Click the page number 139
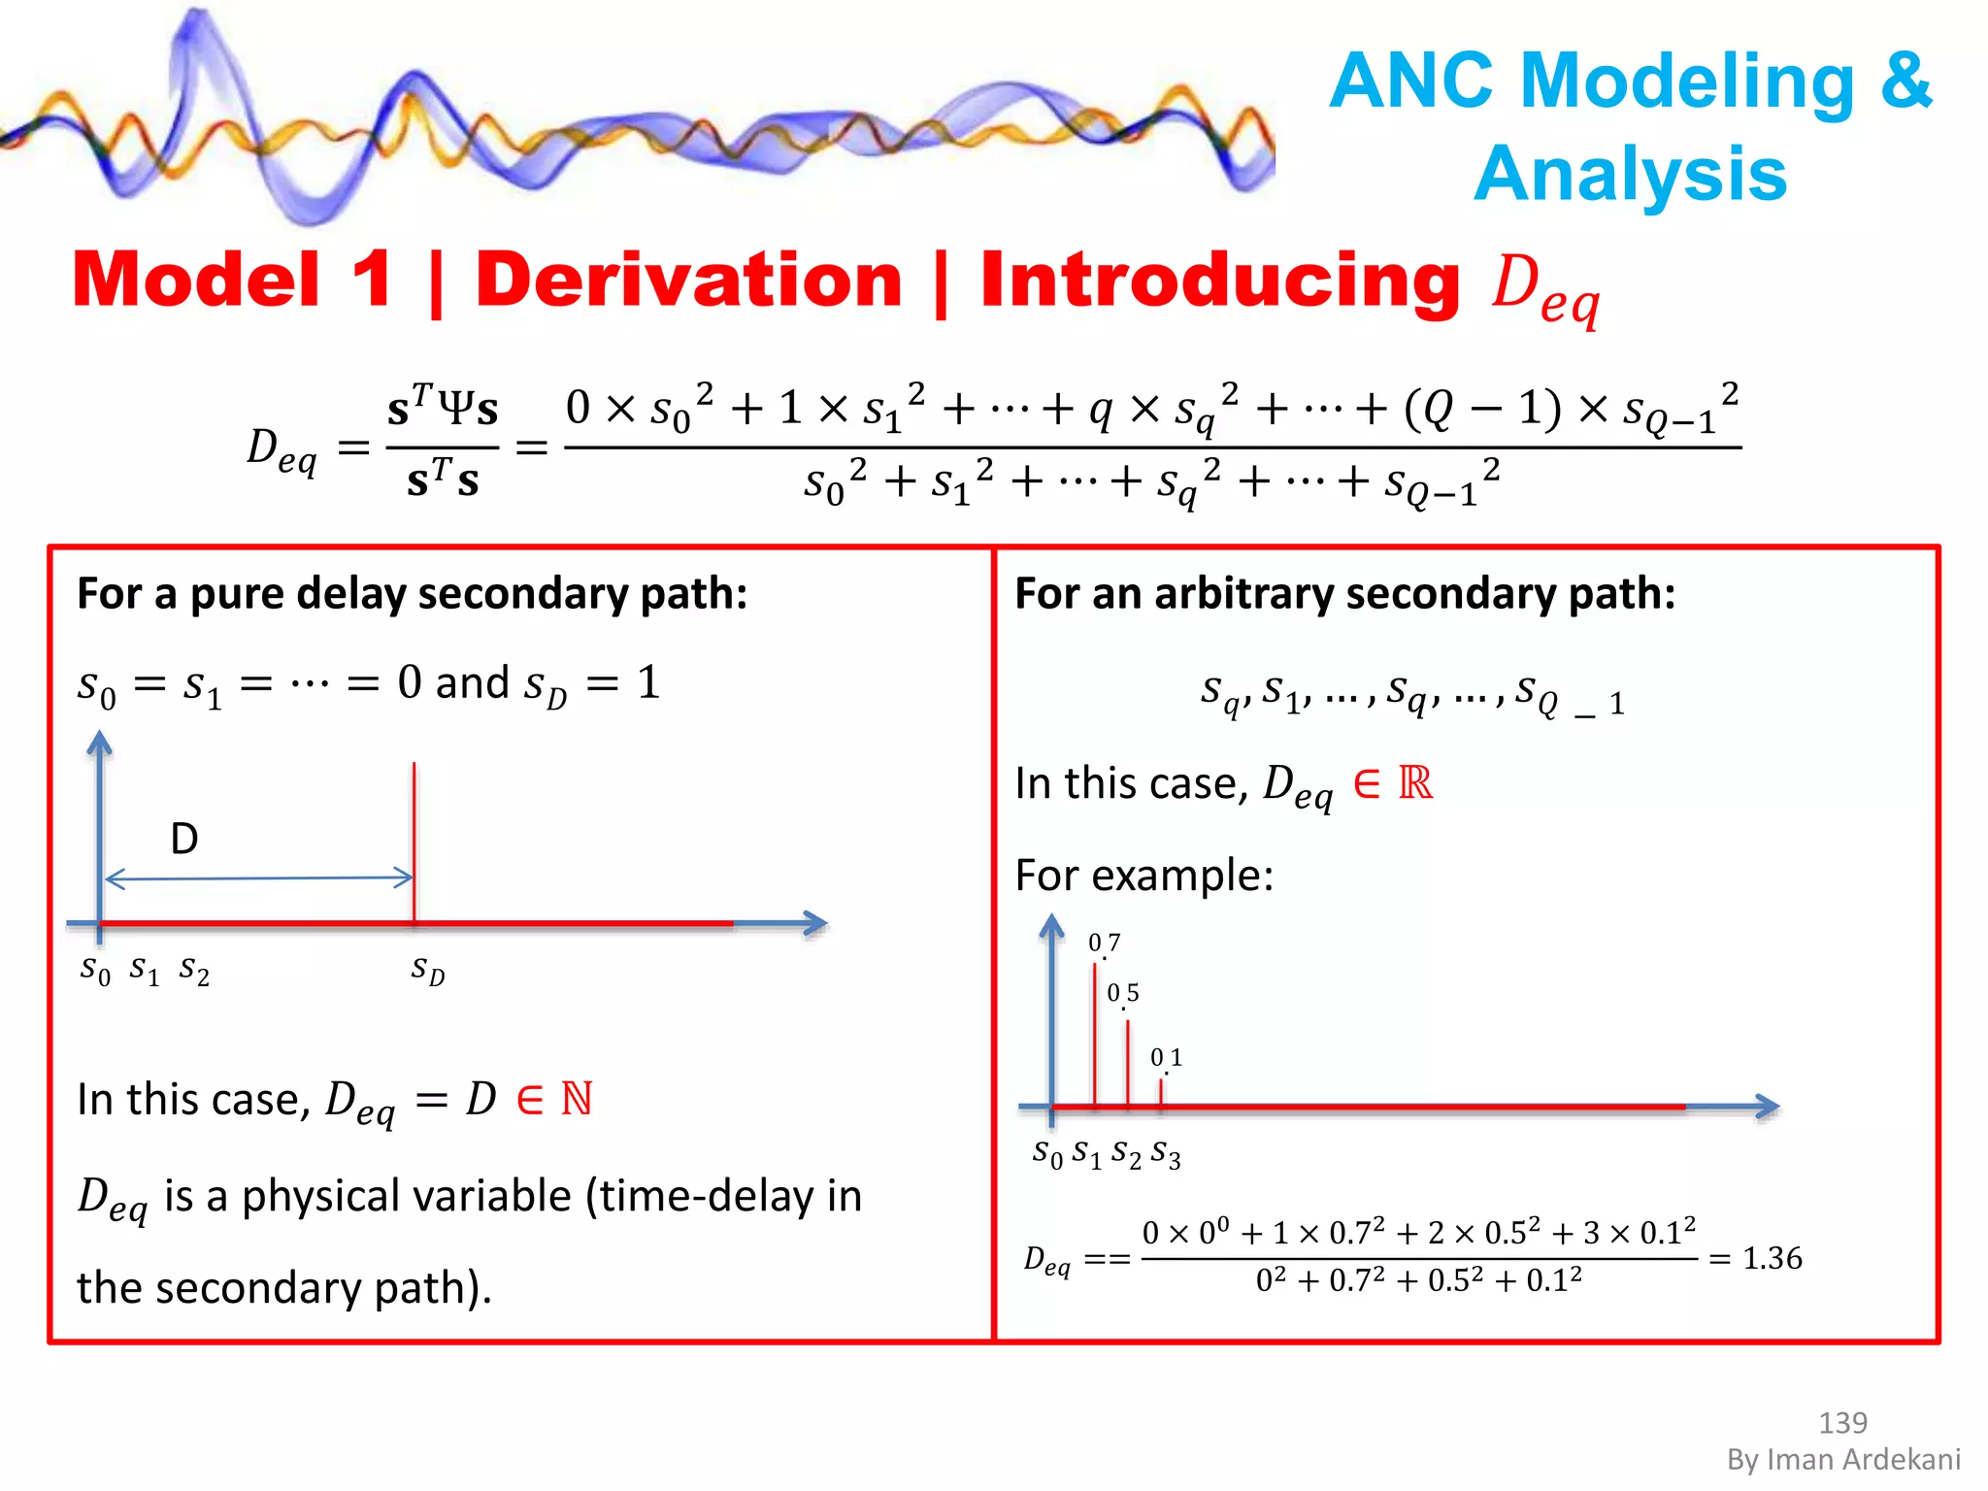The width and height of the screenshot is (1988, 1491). [x=1841, y=1422]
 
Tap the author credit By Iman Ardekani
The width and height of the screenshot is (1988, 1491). [x=1842, y=1459]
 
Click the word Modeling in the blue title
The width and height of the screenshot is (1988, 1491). [x=1687, y=82]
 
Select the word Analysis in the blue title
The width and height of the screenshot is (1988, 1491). [x=1630, y=174]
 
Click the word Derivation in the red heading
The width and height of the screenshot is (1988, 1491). [x=688, y=281]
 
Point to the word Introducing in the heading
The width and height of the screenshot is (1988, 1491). [x=1219, y=281]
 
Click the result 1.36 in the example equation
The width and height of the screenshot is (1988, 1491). [x=1772, y=1258]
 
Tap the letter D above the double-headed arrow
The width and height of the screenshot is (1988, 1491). [x=183, y=838]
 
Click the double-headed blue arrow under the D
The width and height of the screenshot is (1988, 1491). [x=258, y=878]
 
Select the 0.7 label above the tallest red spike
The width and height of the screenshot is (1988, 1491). [x=1104, y=943]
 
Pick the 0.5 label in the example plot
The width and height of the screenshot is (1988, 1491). [x=1123, y=993]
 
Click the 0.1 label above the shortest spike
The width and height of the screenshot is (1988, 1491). [x=1166, y=1057]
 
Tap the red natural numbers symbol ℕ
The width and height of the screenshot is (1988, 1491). [x=577, y=1099]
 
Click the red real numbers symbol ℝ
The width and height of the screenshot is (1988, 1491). [x=1415, y=783]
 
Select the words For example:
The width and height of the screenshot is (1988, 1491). [x=1143, y=876]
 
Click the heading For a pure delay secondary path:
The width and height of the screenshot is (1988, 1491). [x=412, y=593]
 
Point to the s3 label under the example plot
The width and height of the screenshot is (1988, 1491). [x=1165, y=1154]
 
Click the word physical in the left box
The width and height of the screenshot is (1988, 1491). [x=407, y=1196]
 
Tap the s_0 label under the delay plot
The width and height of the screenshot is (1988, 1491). [x=95, y=969]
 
